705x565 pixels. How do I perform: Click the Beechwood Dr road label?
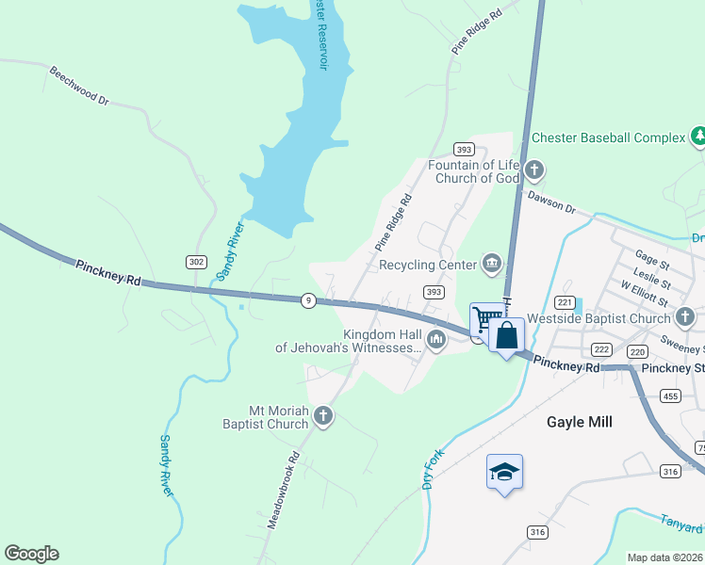tap(79, 85)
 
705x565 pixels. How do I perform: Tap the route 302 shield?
tap(196, 262)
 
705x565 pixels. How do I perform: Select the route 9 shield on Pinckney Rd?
tap(308, 300)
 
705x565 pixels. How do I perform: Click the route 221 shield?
tap(565, 301)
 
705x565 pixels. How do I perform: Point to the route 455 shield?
tap(670, 395)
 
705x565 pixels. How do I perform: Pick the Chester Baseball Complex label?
tap(608, 137)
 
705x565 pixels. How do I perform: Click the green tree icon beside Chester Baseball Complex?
tap(698, 137)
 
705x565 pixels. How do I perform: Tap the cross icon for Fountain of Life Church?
tap(534, 170)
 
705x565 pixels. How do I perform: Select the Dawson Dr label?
tap(551, 201)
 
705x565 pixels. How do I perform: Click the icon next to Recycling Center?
tap(491, 265)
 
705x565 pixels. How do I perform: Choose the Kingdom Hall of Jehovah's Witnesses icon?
tap(435, 340)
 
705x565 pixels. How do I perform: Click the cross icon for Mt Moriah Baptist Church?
tap(323, 416)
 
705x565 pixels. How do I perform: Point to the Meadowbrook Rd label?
tap(283, 489)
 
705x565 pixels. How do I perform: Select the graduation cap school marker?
tap(504, 471)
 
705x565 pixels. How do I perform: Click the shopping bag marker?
tap(506, 335)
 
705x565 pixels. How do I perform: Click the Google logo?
tap(31, 554)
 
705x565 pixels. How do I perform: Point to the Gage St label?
tap(651, 255)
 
